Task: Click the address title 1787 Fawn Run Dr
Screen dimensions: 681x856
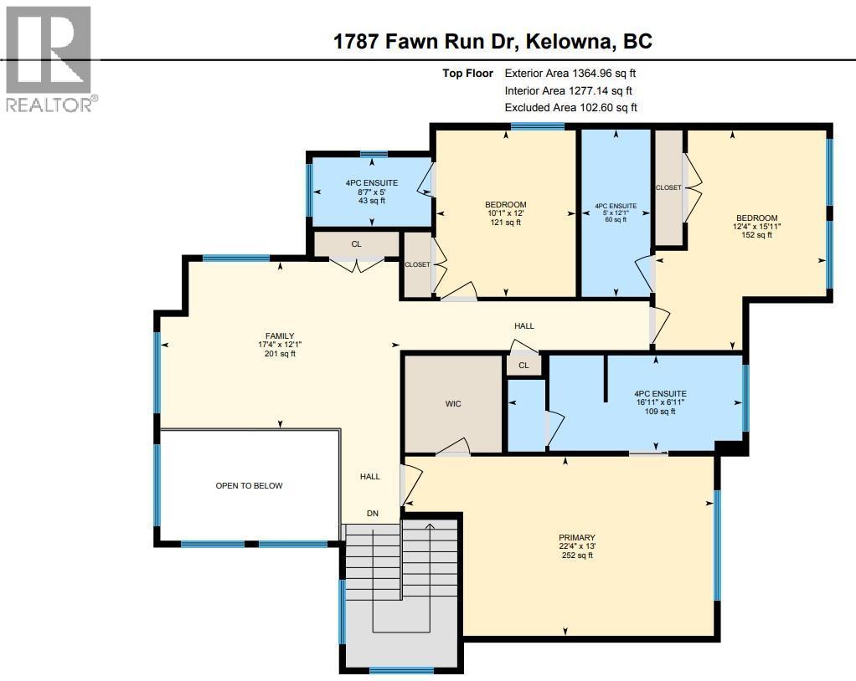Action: tap(492, 41)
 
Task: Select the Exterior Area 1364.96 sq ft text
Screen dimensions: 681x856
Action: tap(575, 74)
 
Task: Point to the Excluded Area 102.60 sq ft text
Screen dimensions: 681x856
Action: tap(570, 107)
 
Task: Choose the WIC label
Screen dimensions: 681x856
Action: tap(453, 404)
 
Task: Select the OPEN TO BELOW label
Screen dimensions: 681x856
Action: tap(249, 485)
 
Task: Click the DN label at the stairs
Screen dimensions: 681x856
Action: tap(374, 514)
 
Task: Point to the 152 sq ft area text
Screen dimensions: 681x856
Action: tap(757, 235)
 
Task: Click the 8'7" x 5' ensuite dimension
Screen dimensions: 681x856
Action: tap(371, 192)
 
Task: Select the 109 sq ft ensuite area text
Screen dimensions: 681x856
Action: tap(660, 411)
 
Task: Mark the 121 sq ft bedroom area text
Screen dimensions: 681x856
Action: tap(505, 223)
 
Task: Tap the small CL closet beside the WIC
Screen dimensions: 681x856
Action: tap(523, 366)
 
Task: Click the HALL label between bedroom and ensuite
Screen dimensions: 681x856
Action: tap(523, 326)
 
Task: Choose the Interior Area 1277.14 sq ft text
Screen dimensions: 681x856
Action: tap(568, 90)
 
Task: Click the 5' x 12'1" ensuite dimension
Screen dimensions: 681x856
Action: tap(615, 212)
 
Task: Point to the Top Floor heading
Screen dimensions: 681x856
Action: tap(467, 74)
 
